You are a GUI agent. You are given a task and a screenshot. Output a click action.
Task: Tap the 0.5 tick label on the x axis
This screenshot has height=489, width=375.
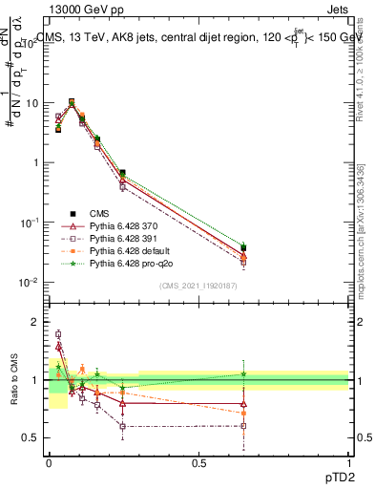pos(198,465)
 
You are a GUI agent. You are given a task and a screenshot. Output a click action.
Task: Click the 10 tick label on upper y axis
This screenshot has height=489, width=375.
pos(33,102)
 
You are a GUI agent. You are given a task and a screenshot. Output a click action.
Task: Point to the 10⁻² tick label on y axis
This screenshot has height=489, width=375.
pos(31,283)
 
